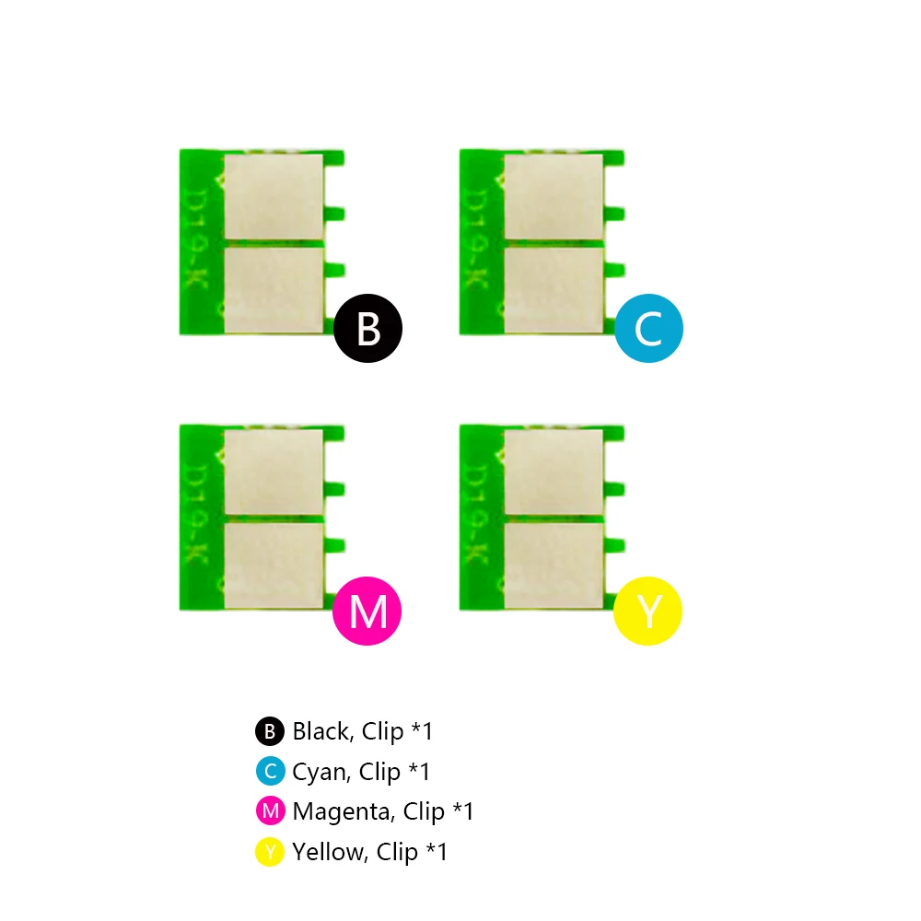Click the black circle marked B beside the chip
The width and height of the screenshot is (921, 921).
click(368, 327)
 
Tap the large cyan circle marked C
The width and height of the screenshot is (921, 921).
click(648, 327)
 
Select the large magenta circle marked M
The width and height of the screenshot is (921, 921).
click(367, 610)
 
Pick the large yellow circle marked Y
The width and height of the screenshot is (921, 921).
click(647, 610)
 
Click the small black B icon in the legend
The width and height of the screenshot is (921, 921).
click(270, 731)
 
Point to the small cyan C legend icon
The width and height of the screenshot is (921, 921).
click(270, 771)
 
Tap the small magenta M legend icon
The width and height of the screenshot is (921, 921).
click(270, 811)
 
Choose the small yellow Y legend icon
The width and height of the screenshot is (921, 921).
click(270, 852)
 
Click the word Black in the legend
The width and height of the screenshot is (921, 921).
click(321, 732)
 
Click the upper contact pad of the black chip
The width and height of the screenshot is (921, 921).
click(274, 196)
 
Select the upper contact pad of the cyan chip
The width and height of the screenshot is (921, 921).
click(554, 196)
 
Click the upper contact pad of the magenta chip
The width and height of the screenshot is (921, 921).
click(274, 472)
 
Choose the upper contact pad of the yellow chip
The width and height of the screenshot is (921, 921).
click(554, 472)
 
